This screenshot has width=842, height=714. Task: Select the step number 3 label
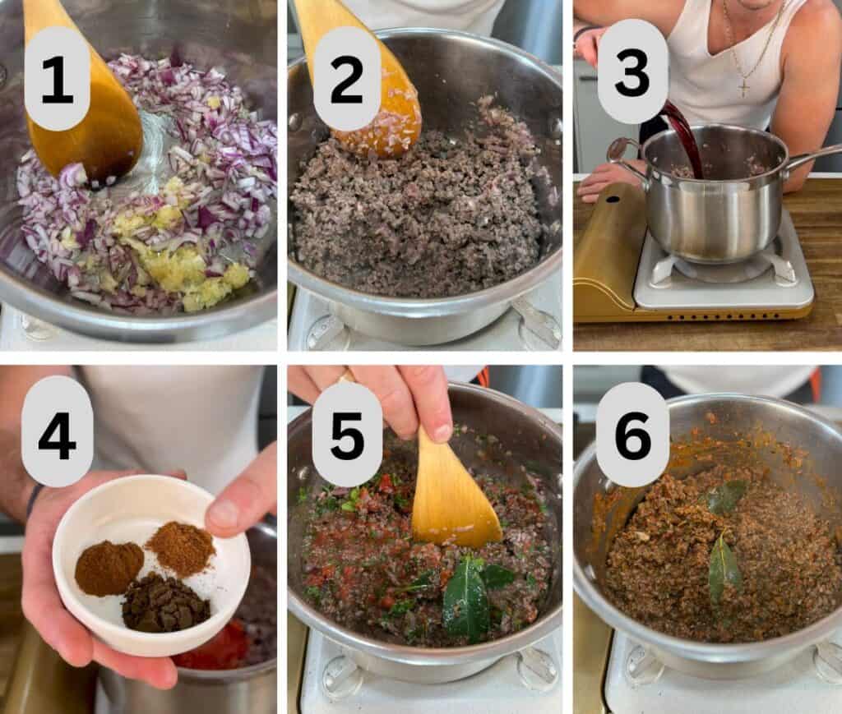pyautogui.click(x=632, y=72)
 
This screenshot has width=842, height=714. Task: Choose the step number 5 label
pyautogui.click(x=346, y=434)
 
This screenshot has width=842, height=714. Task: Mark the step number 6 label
pyautogui.click(x=632, y=434)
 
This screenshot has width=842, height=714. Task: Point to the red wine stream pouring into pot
pyautogui.click(x=685, y=136)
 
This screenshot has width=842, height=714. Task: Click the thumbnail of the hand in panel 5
pyautogui.click(x=442, y=432)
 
